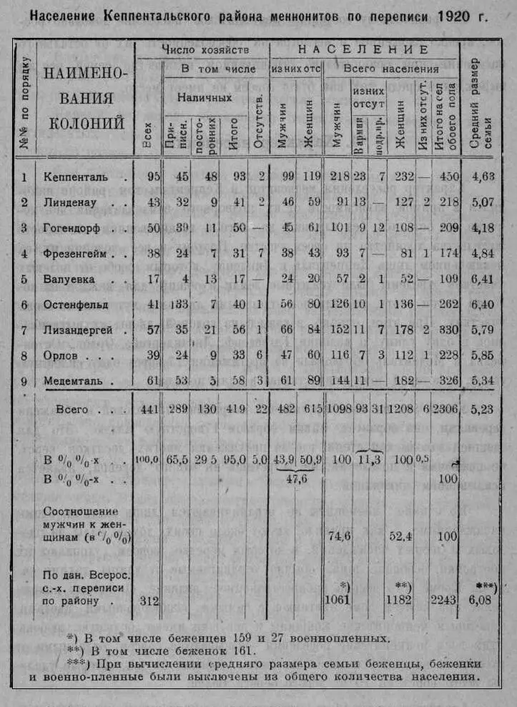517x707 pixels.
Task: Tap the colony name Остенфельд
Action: point(76,305)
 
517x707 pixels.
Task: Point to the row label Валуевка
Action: point(69,279)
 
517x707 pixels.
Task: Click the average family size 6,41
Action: point(483,279)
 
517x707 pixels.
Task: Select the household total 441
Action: point(147,411)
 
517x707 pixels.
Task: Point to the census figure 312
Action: point(147,599)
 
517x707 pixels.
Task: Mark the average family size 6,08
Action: point(483,599)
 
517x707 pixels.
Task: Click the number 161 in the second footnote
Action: point(242,651)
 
